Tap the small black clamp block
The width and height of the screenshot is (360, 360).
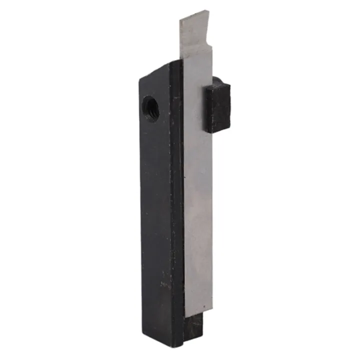tap(216, 107)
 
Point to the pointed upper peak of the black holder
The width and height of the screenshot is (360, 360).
tap(170, 61)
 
